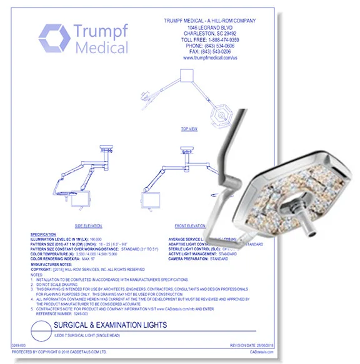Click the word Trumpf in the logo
(x=101, y=32)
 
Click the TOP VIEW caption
(x=189, y=129)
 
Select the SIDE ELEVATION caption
(x=88, y=225)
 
